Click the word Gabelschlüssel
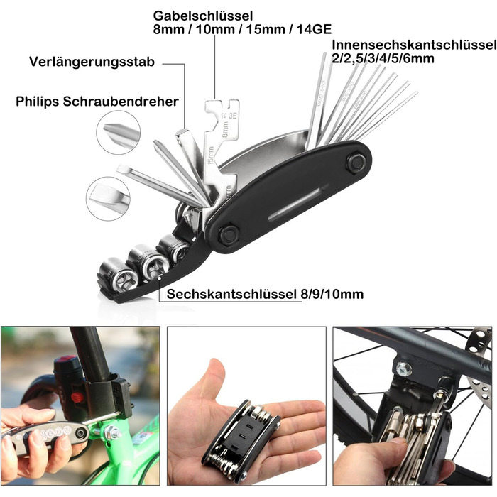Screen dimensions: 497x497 (x=203, y=16)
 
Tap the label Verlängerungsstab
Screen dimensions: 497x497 (x=92, y=62)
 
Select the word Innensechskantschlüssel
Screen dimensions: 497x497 (x=414, y=45)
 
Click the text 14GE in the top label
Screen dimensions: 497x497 (x=314, y=29)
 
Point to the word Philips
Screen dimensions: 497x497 (x=38, y=102)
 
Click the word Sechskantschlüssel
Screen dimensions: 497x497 (x=231, y=294)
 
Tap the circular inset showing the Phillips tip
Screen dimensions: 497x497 (x=119, y=133)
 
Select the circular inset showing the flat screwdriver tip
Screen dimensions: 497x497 (x=108, y=199)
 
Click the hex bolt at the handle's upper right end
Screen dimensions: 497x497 (x=356, y=163)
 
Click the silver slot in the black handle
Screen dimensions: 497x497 (x=295, y=202)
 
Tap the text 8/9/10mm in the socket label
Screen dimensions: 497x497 (x=332, y=294)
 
